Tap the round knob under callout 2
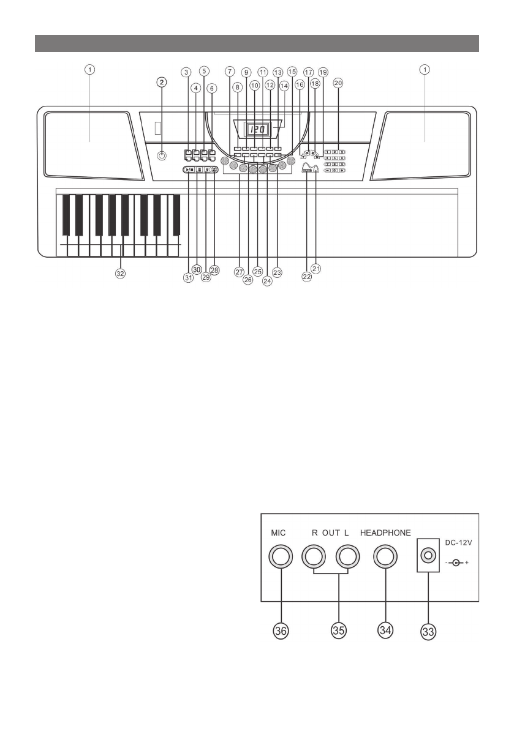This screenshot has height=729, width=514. pos(162,155)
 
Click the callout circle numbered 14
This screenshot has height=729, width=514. pos(283,86)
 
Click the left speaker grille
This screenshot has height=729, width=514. pos(90,146)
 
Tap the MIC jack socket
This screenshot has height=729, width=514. pos(281,556)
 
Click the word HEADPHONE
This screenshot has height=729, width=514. pos(385,533)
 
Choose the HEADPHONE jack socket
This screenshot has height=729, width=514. pos(385,556)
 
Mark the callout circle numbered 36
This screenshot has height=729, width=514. pos(281,631)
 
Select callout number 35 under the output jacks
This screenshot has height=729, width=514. pos(332,631)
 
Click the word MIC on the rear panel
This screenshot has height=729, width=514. pos(279,533)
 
